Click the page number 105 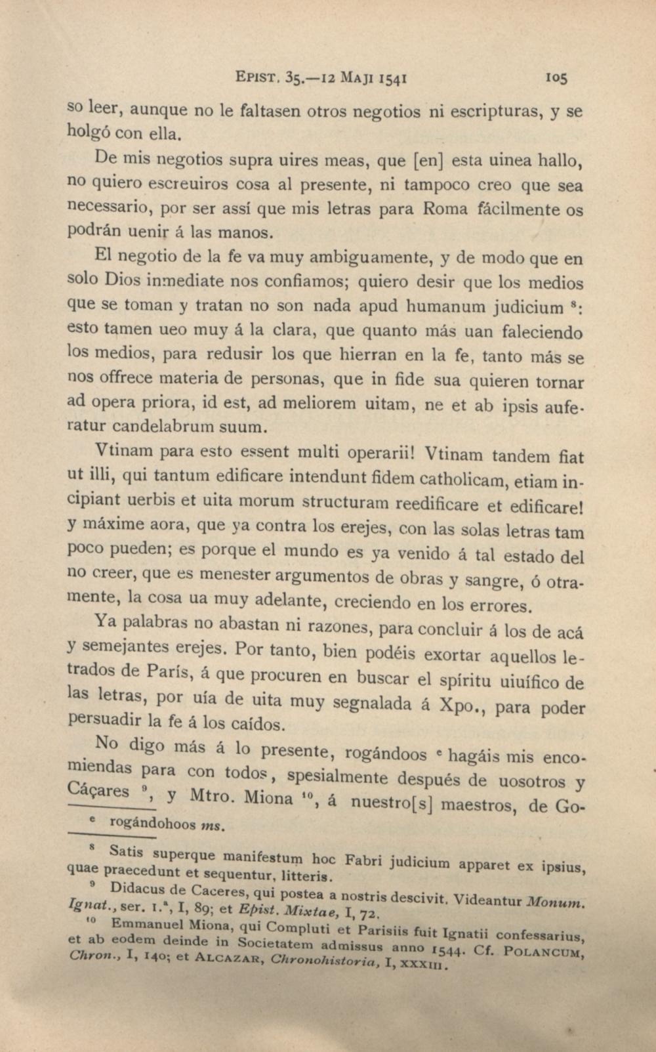tap(556, 78)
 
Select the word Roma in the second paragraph tap(445, 210)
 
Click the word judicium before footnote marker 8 tap(529, 307)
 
